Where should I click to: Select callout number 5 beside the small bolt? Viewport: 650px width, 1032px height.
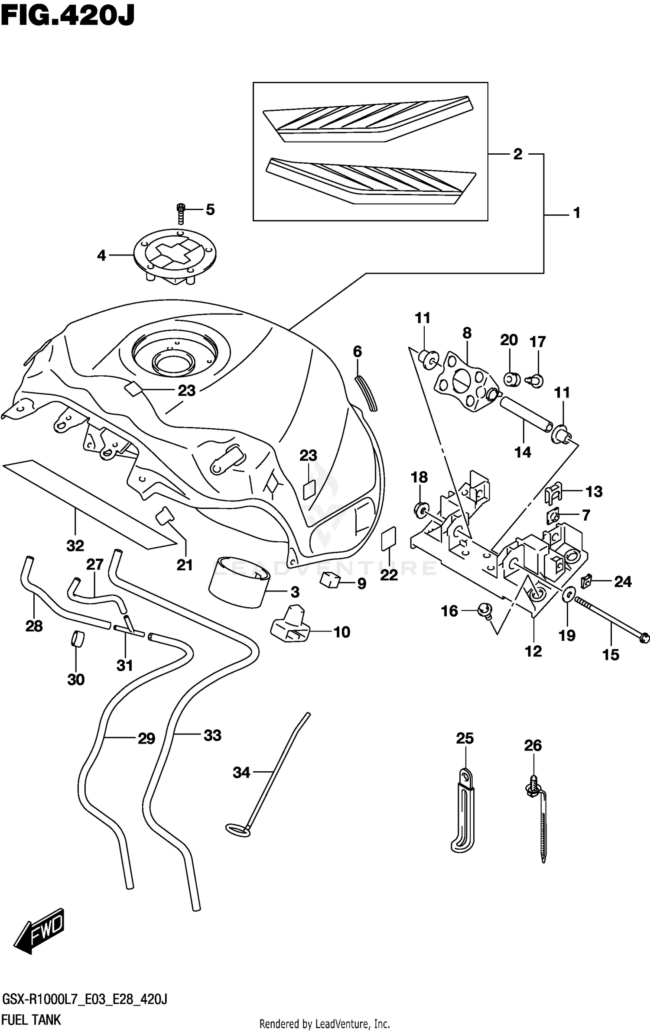point(210,210)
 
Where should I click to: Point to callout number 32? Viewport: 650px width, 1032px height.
point(75,546)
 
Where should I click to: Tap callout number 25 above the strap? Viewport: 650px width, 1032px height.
point(465,738)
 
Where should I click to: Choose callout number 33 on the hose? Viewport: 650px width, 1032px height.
point(212,735)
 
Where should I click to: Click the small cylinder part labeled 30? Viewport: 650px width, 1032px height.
point(78,639)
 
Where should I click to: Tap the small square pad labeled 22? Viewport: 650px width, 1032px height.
point(389,538)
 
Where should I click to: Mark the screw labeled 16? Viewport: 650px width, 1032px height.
point(484,611)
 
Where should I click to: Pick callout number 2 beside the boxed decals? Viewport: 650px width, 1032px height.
point(518,154)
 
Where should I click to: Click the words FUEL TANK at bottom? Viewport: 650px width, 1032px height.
point(31,1019)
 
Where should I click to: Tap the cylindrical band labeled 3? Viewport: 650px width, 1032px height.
point(239,581)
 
